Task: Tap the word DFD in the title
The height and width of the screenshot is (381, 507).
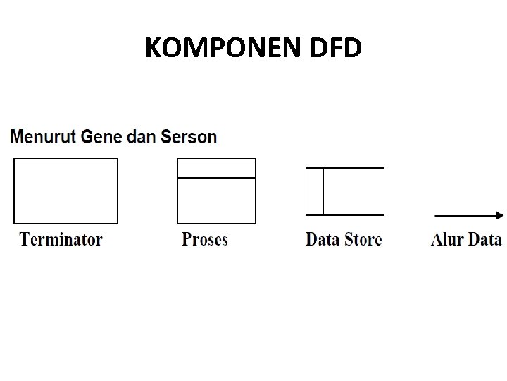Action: click(x=335, y=48)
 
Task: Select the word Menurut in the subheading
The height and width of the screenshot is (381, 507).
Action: click(x=44, y=135)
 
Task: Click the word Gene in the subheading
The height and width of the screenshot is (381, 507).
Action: click(x=101, y=135)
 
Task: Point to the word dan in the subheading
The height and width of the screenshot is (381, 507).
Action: click(x=142, y=135)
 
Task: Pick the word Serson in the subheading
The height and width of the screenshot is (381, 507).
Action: click(x=189, y=135)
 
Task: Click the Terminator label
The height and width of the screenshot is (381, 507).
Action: click(x=61, y=239)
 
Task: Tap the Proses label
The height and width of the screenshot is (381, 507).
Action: click(x=205, y=239)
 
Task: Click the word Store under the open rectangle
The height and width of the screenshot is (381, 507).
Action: click(x=363, y=239)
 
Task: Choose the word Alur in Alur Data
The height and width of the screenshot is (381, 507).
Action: click(x=446, y=239)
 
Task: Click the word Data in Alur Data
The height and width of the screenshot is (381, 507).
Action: click(x=484, y=239)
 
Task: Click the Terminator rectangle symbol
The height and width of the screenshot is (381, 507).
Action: click(x=65, y=190)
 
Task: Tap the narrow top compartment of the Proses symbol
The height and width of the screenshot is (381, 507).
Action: click(x=216, y=168)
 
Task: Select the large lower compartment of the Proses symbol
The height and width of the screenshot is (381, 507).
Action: click(x=216, y=200)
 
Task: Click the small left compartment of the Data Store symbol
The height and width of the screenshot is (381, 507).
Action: click(x=314, y=191)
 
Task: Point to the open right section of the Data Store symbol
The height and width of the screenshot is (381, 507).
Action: click(x=353, y=191)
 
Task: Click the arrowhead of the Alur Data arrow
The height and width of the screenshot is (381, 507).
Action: click(x=500, y=215)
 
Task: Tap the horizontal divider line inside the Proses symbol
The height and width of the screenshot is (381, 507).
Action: click(x=216, y=178)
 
